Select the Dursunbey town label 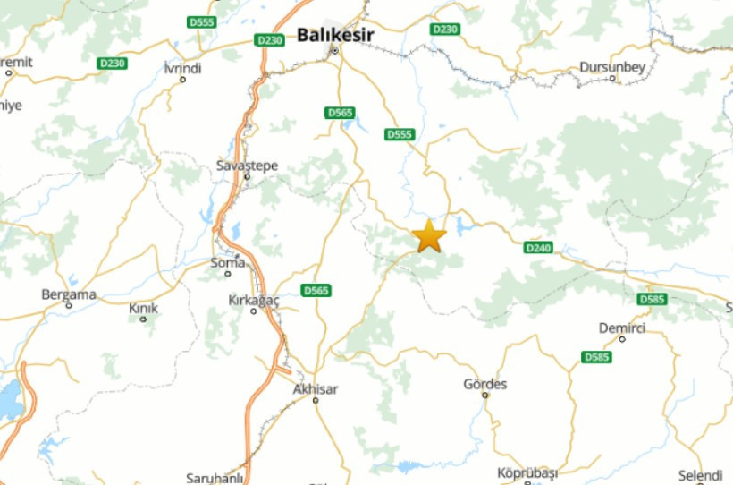612,66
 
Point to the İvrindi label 183,68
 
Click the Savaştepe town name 248,166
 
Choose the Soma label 227,262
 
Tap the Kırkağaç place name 254,300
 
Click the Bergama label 69,294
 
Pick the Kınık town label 143,308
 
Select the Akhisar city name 316,389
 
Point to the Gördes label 485,384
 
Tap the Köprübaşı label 527,472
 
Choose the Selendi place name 700,474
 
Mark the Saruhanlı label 215,478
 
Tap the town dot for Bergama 69,305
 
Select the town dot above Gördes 485,395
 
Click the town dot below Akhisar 316,400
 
